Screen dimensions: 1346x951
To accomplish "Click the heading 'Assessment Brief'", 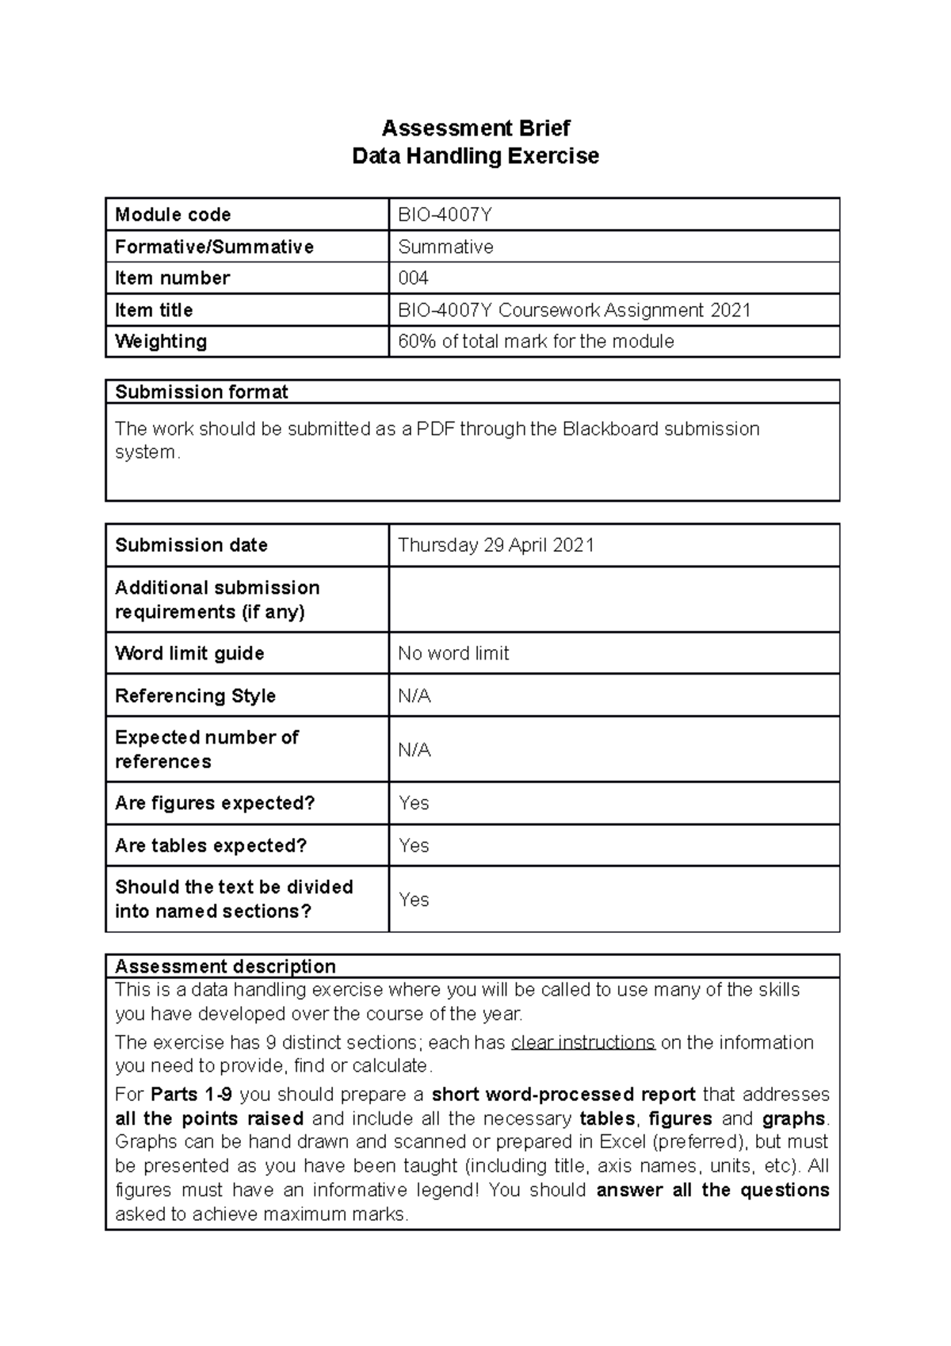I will coord(475,128).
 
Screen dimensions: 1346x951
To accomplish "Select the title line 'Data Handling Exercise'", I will coord(475,155).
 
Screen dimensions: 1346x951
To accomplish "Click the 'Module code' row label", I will coord(173,215).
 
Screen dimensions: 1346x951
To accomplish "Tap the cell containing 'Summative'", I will coord(445,247).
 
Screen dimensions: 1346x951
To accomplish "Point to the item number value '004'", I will coord(413,278).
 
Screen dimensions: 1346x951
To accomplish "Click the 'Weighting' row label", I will coord(161,342).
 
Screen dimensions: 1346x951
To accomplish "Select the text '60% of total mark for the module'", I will coord(536,342).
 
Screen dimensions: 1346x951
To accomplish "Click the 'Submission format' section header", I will coord(201,392).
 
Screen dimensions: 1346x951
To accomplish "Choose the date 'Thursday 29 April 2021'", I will coord(495,545).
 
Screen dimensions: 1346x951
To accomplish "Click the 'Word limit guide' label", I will coord(189,653).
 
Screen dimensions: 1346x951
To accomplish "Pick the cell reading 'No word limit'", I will coord(453,653).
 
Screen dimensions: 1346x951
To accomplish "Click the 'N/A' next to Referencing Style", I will coord(414,696).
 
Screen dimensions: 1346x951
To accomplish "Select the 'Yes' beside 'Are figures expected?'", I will coord(414,803).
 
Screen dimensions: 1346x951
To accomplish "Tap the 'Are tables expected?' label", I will coord(210,846).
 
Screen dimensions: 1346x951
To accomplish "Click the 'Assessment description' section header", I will coord(225,966).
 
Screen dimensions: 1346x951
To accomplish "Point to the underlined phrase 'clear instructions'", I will coord(582,1042).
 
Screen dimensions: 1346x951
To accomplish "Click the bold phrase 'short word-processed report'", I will coord(563,1095).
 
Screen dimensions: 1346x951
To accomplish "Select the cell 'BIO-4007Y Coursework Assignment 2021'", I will coord(574,310).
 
